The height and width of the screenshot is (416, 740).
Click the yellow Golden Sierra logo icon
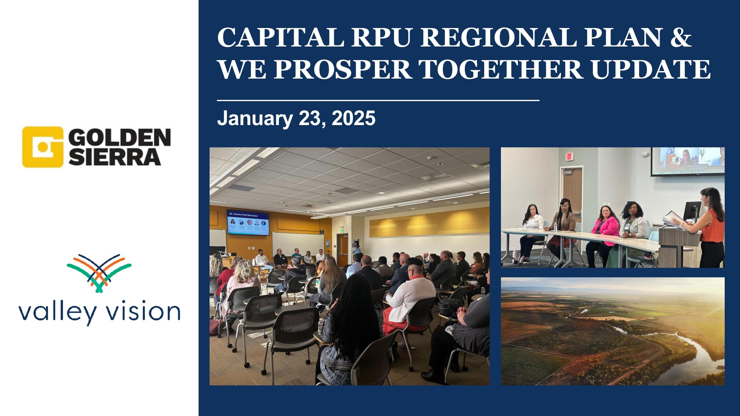[43, 147]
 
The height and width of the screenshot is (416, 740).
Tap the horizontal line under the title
[378, 100]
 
